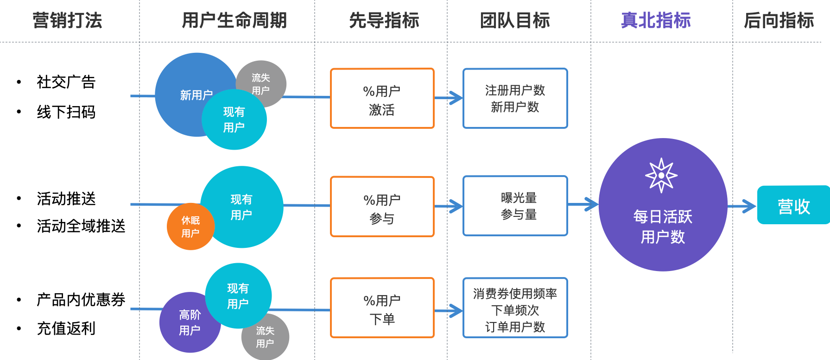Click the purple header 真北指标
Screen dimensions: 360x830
coord(655,20)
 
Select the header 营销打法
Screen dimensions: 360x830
coord(67,20)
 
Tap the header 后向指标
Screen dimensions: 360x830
coord(779,20)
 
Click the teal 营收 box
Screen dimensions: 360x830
coord(793,205)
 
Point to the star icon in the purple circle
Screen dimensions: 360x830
coord(661,175)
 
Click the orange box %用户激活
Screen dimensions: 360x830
coord(382,99)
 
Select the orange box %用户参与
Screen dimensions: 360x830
coord(382,207)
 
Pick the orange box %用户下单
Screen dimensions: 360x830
coord(382,308)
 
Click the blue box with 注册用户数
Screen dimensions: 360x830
coord(515,99)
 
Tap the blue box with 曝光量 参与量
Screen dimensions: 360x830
coord(515,206)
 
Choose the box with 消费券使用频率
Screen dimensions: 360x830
coord(515,308)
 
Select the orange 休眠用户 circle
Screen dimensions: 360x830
coord(190,227)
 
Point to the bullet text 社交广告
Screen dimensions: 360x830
coord(66,82)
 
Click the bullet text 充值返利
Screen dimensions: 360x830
coord(66,328)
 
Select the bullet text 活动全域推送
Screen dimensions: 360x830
coord(81,226)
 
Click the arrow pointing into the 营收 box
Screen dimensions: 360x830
coord(742,206)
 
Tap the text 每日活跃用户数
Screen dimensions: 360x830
coord(663,227)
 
